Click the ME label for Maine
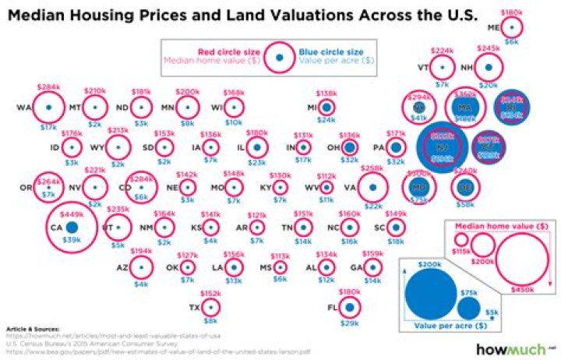492,27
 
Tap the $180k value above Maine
511,13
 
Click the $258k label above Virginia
372,168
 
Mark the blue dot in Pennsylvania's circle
397,146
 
